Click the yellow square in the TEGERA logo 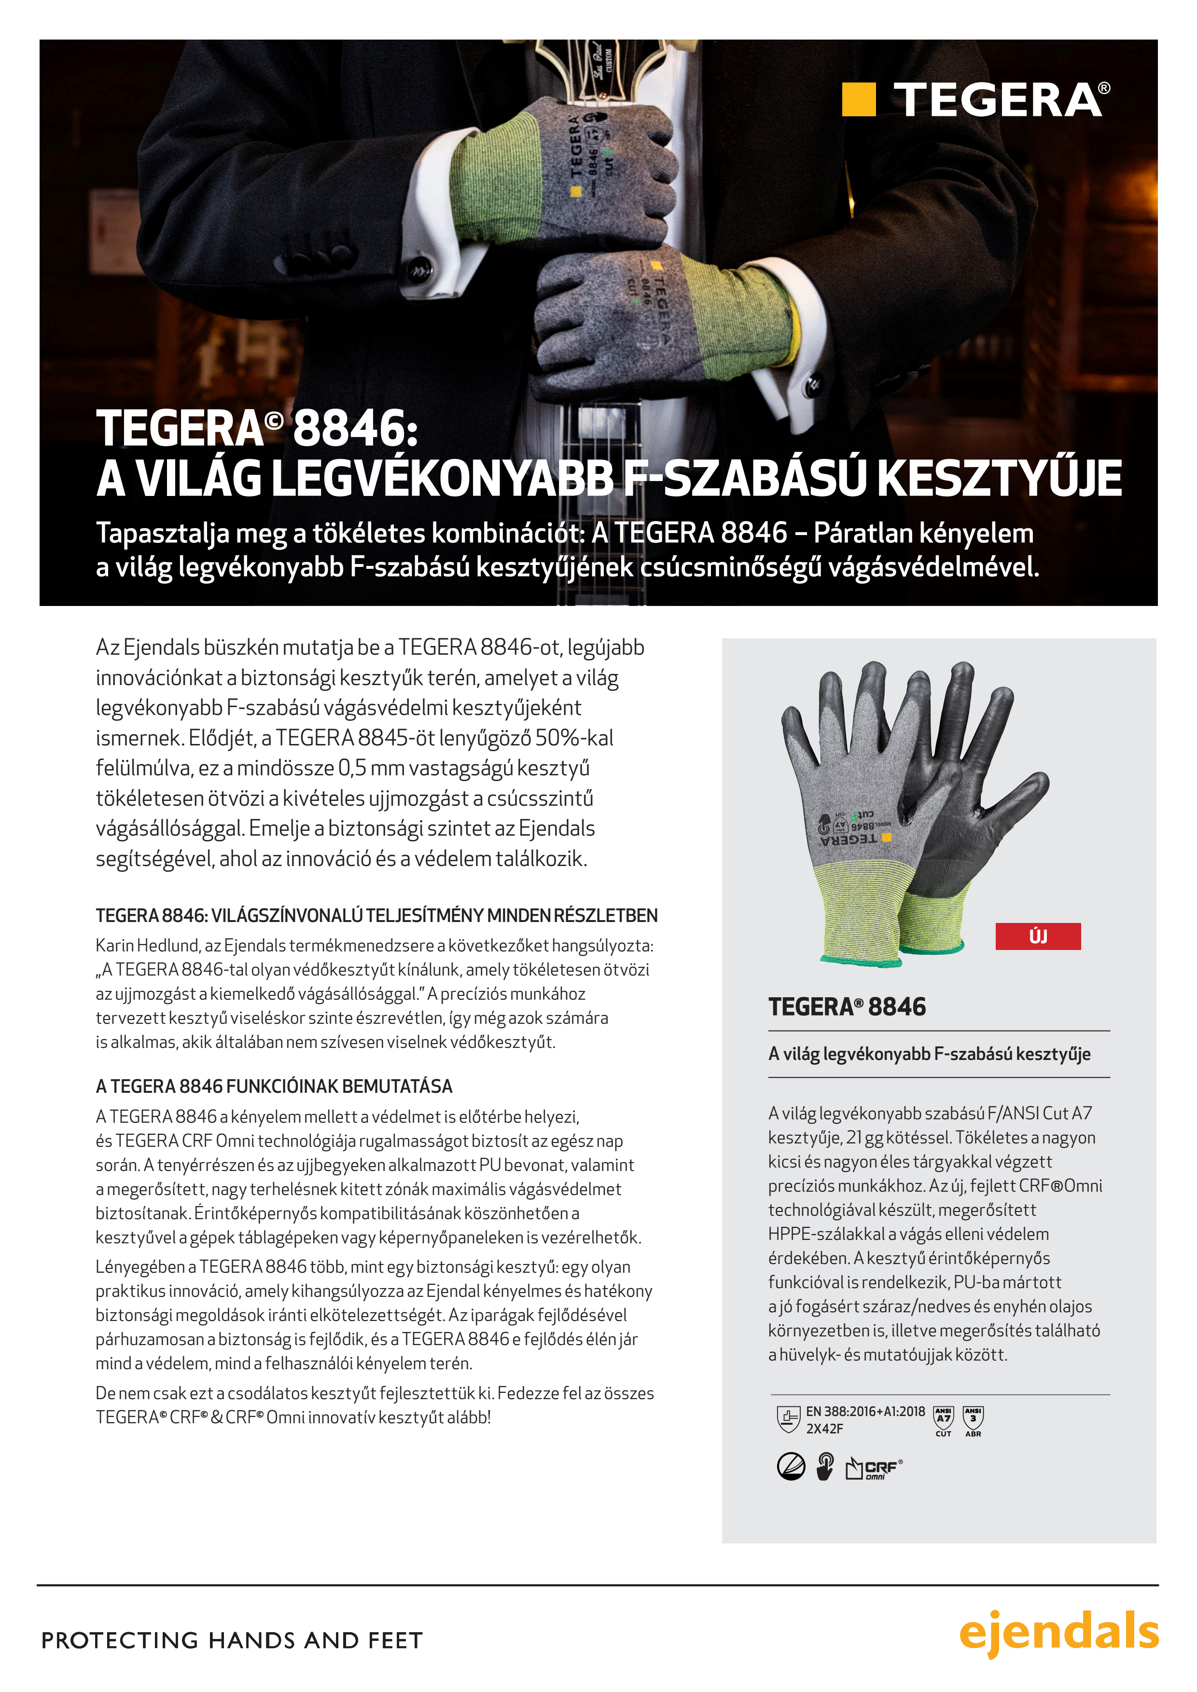[x=859, y=99]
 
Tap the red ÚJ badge [x=1038, y=936]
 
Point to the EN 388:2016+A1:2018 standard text [x=865, y=1411]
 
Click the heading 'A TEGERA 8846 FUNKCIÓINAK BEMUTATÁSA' [x=274, y=1086]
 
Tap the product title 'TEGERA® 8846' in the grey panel [x=847, y=1006]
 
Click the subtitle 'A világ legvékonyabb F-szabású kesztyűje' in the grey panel [x=929, y=1054]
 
